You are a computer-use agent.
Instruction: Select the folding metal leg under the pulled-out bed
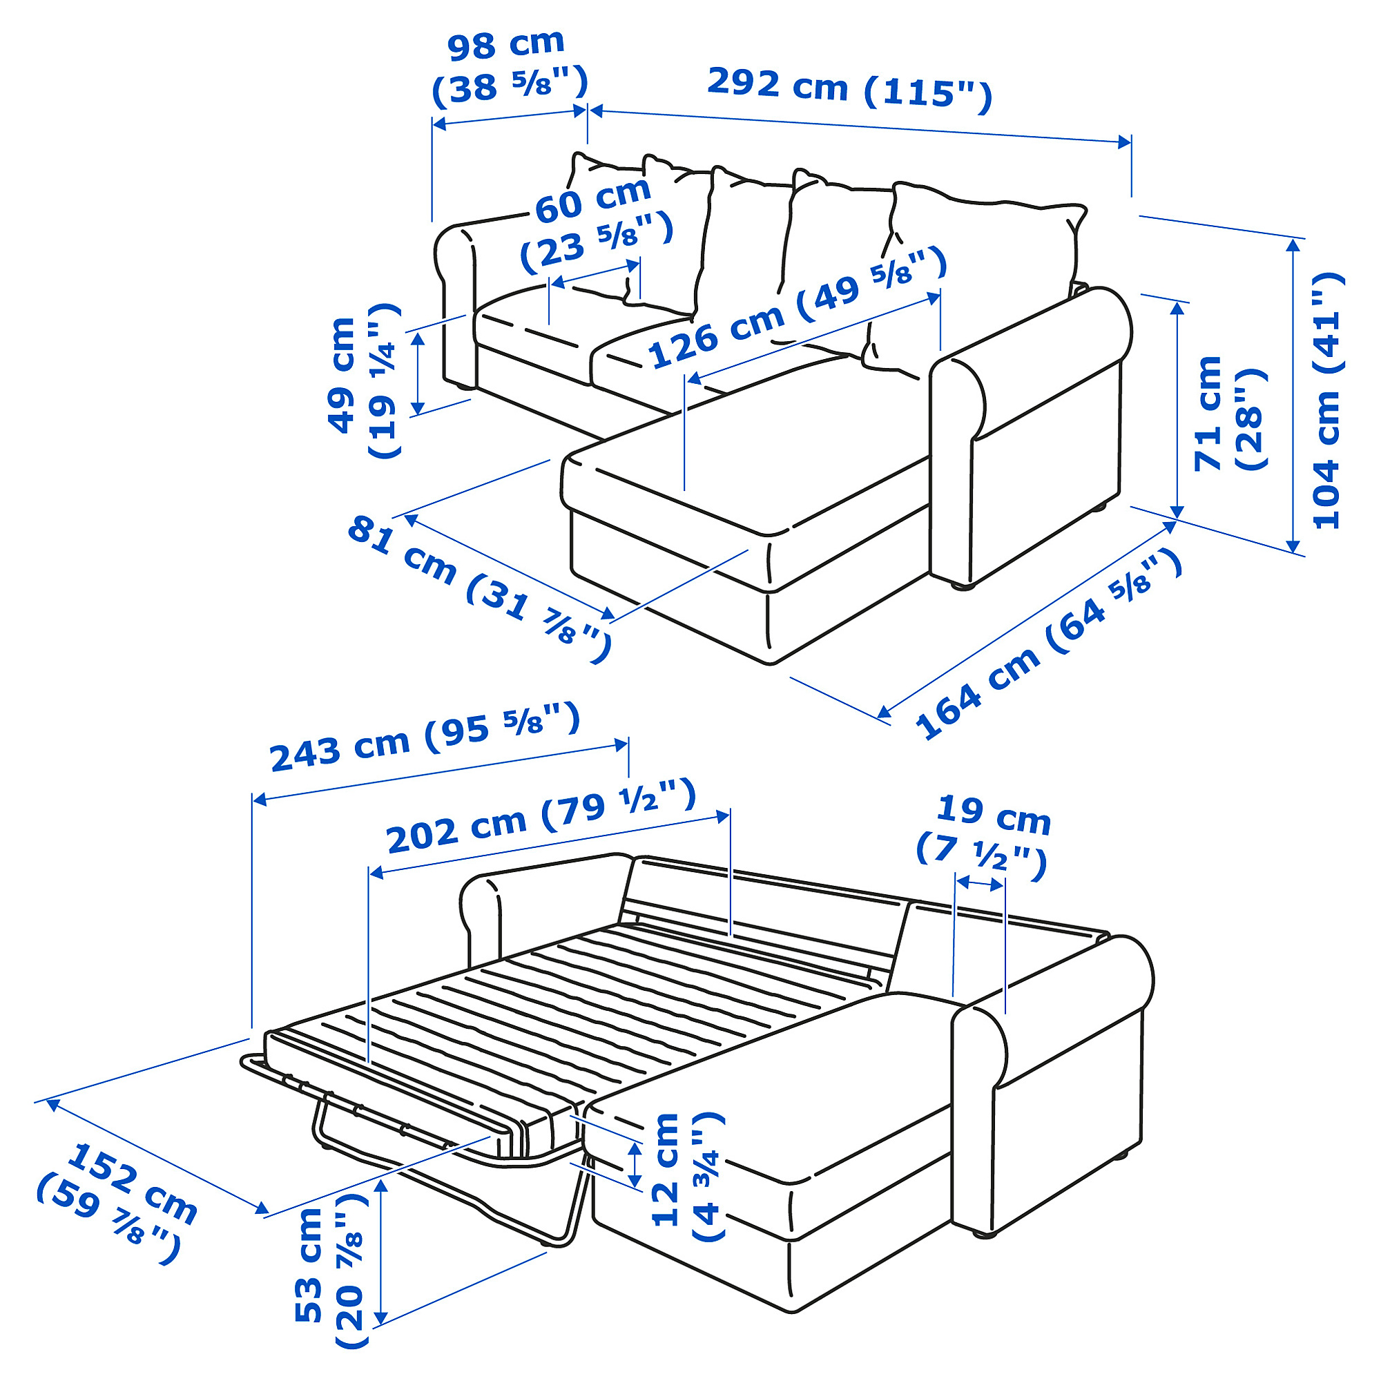pyautogui.click(x=565, y=1215)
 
